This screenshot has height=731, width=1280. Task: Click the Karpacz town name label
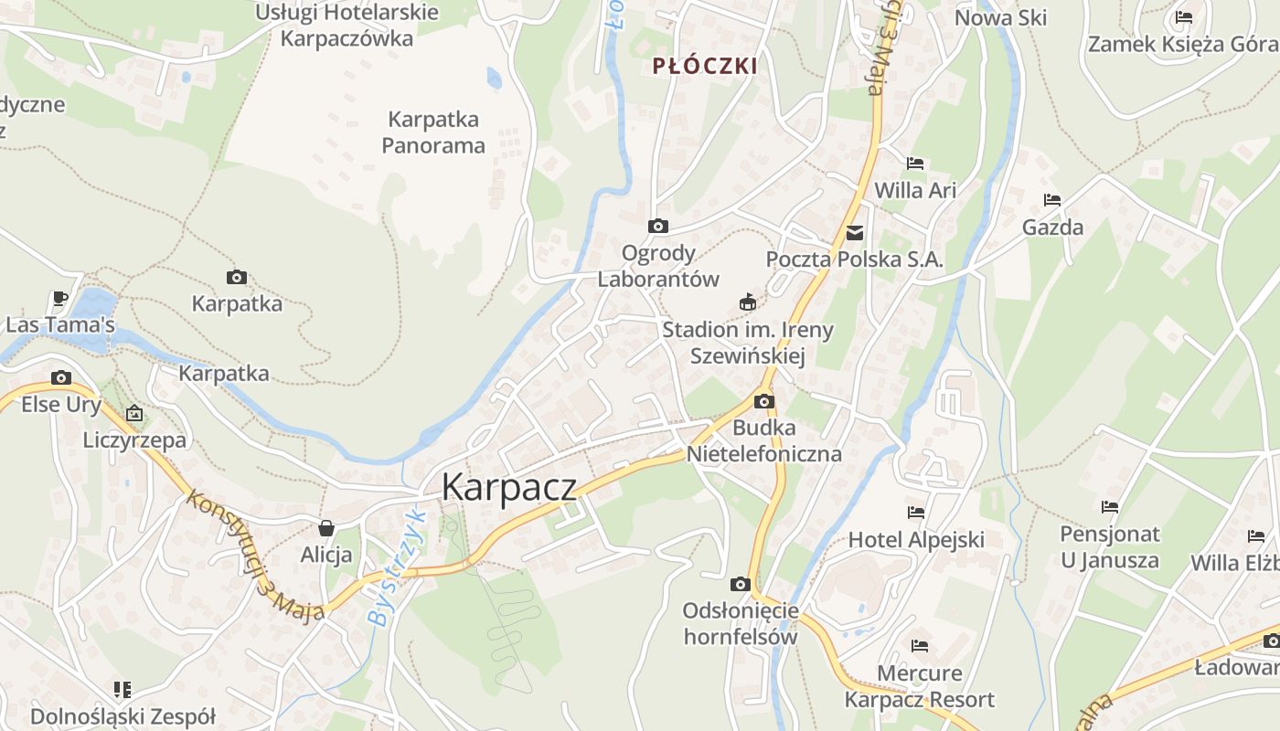[508, 487]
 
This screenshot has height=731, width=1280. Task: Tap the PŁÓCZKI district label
[705, 66]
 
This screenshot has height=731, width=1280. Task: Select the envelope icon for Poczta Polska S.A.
[855, 233]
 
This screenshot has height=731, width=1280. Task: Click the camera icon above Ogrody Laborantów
[657, 226]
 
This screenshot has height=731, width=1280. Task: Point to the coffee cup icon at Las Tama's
[60, 298]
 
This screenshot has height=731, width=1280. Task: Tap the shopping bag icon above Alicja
[325, 528]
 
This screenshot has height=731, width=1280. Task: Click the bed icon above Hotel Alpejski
[915, 513]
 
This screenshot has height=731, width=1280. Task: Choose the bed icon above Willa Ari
[915, 164]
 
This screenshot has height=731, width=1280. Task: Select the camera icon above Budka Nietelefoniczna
[763, 401]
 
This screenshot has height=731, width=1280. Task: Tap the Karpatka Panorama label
[433, 132]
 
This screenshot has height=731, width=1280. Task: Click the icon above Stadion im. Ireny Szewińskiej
[748, 302]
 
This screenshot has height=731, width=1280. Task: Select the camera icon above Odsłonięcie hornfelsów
[740, 584]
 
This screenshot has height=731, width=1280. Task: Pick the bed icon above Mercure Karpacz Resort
[919, 646]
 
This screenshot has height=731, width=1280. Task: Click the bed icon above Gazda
[1052, 200]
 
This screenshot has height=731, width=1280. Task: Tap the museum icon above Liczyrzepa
[134, 413]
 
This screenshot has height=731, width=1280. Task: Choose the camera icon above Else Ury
[61, 377]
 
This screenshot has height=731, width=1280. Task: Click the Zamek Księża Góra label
[1182, 43]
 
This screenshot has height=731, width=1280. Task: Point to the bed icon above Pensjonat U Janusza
[1110, 506]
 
